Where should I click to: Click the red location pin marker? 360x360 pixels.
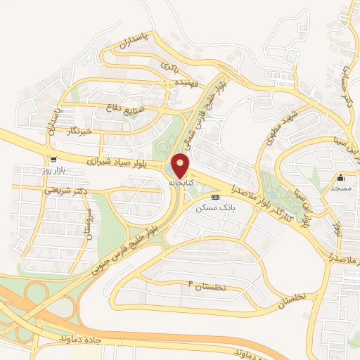coord(182,165)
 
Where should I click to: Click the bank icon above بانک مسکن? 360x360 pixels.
coord(215,198)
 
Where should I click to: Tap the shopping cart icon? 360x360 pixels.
coord(52,160)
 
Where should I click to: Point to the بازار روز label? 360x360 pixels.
coord(53,171)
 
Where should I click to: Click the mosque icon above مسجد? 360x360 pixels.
coord(340,177)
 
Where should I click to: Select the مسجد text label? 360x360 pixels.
coord(340,188)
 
